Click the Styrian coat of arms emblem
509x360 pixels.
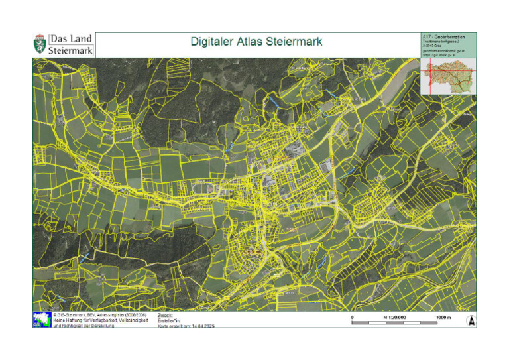pyautogui.click(x=40, y=44)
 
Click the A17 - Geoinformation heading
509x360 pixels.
pyautogui.click(x=443, y=36)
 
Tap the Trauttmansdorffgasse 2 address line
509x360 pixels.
pyautogui.click(x=440, y=40)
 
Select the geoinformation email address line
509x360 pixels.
pyautogui.click(x=443, y=50)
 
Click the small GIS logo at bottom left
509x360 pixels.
pyautogui.click(x=40, y=320)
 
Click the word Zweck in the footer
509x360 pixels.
pyautogui.click(x=165, y=315)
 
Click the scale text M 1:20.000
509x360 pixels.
pyautogui.click(x=395, y=318)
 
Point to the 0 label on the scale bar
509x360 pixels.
pyautogui.click(x=352, y=318)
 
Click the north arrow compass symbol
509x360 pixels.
pyautogui.click(x=471, y=320)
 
